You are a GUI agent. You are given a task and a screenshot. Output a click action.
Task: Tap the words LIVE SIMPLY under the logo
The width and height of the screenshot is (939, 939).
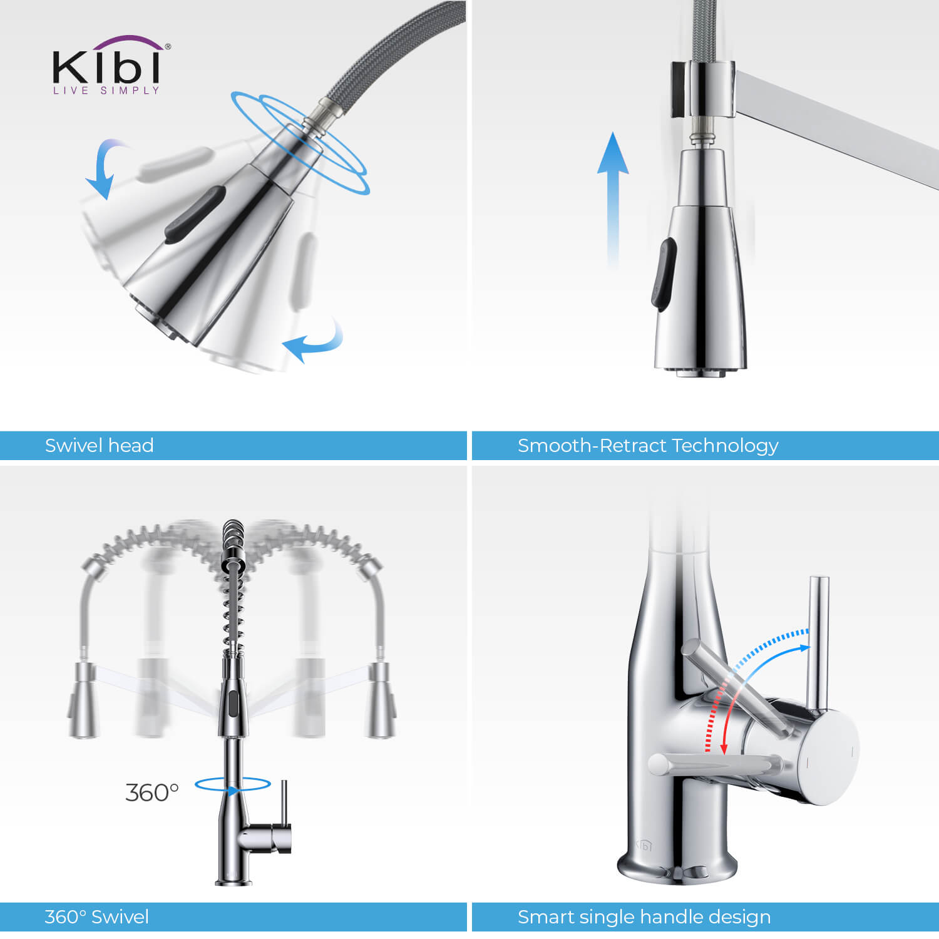tap(106, 91)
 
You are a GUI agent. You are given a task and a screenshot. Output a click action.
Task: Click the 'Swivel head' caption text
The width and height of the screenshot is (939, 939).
tap(99, 446)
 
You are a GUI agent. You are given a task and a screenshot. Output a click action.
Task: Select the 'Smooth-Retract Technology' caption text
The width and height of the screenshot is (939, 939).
tap(648, 446)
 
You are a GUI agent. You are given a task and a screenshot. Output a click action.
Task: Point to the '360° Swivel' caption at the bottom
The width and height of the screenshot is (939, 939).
tap(96, 917)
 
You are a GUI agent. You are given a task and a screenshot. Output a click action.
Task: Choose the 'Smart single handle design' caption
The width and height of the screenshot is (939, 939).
tap(644, 917)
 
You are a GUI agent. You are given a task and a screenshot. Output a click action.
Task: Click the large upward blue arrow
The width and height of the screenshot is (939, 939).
tap(613, 200)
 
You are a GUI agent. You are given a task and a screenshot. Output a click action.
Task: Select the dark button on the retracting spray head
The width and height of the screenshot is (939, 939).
tap(664, 273)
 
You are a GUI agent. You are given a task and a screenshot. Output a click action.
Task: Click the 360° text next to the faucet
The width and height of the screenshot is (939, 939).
tap(152, 793)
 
